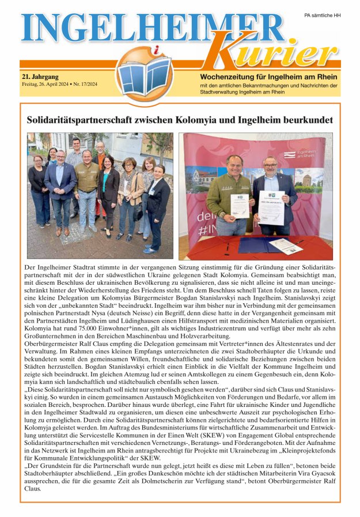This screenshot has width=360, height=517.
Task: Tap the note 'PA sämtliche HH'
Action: [322, 15]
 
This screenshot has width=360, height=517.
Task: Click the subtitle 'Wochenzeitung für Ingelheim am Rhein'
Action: [269, 77]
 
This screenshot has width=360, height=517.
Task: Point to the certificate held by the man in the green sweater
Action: [239, 205]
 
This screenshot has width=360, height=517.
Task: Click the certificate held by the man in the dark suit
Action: [271, 207]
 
